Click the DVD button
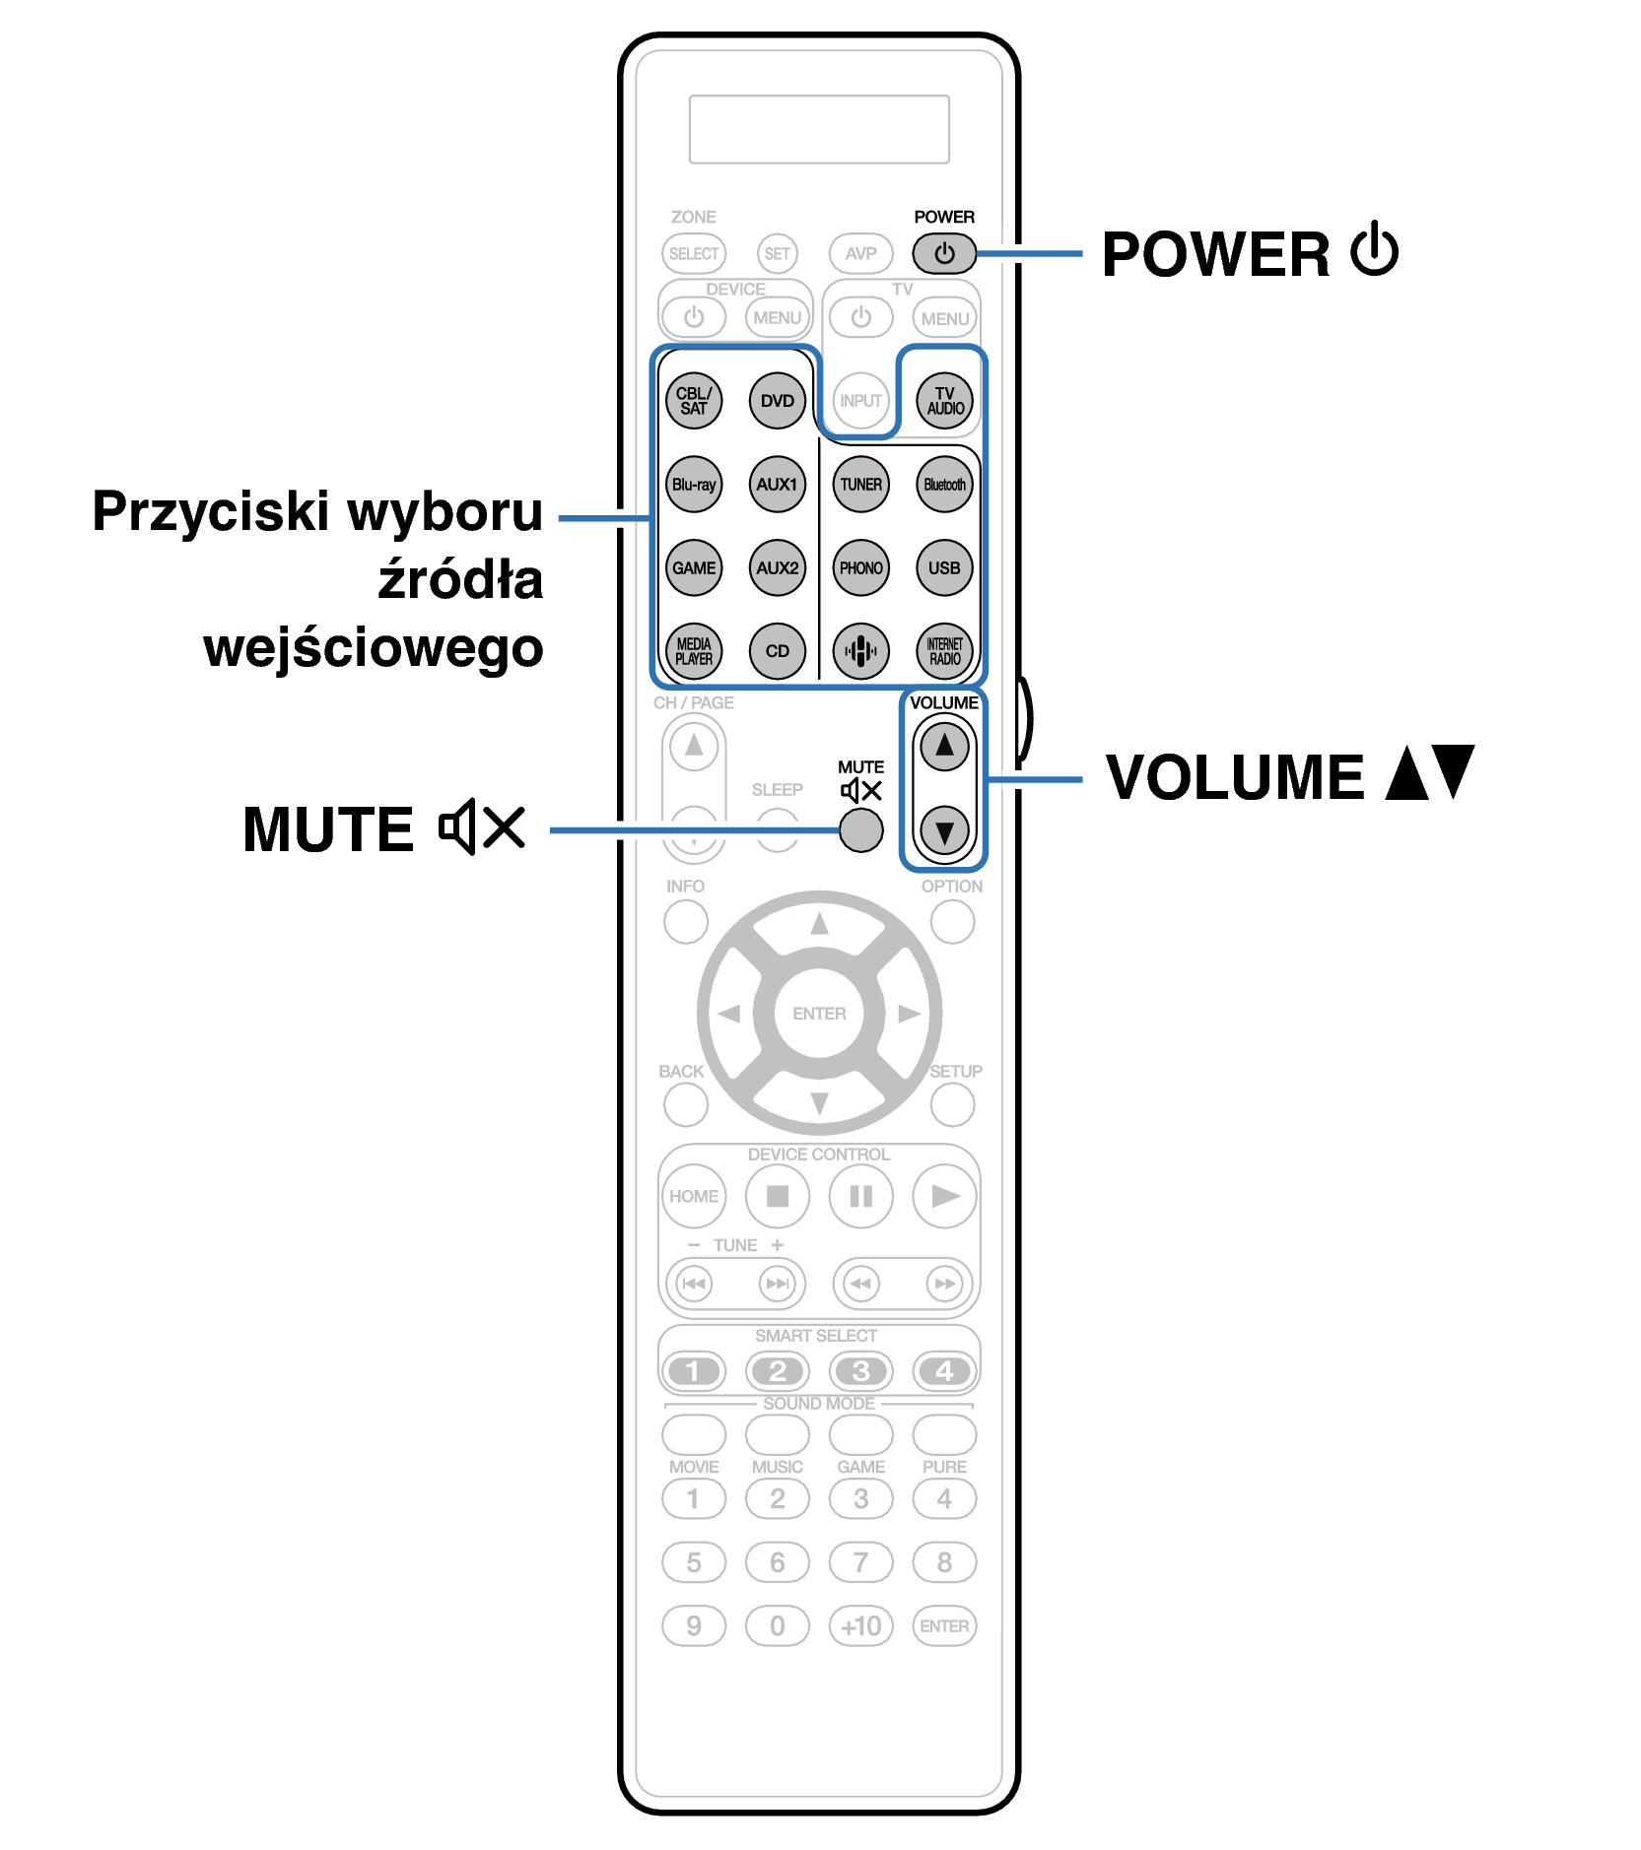[777, 401]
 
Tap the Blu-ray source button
[694, 485]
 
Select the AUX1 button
[777, 485]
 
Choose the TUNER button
[860, 485]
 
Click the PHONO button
[860, 567]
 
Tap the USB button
[944, 567]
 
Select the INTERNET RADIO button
[944, 651]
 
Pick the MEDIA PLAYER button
[694, 651]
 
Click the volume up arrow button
[944, 746]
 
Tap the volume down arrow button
[944, 831]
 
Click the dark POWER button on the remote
[944, 254]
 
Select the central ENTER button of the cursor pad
[819, 1014]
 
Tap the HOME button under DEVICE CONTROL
[694, 1196]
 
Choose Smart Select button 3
[860, 1370]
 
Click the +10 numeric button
[860, 1625]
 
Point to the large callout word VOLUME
[1235, 778]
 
